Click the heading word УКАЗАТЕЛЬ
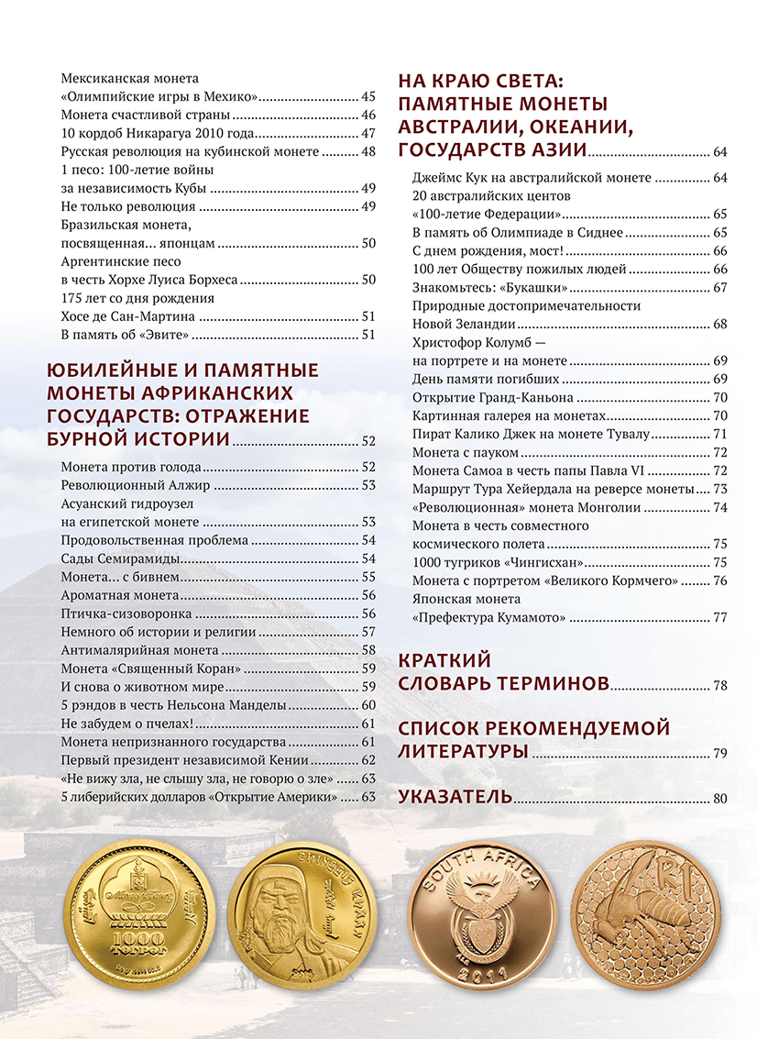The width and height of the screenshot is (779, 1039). tap(455, 797)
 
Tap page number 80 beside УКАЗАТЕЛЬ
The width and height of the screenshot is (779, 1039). tap(719, 799)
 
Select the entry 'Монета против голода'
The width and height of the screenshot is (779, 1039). tap(131, 466)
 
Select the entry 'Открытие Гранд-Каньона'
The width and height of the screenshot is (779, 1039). tap(493, 397)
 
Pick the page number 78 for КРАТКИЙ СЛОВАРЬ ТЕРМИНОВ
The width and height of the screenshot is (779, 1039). tap(719, 686)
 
